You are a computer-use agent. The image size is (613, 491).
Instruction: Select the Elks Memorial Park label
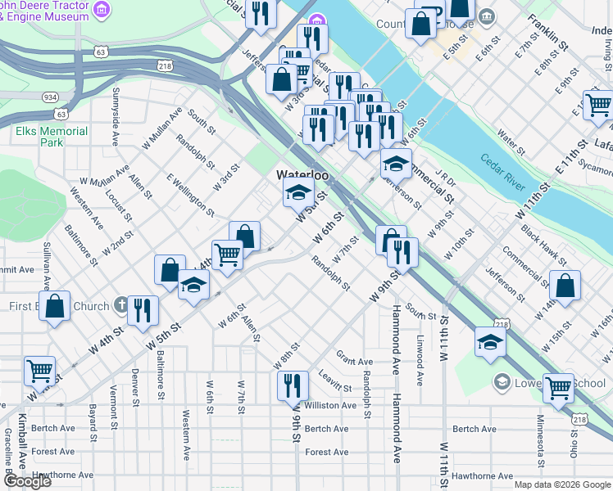[x=51, y=137]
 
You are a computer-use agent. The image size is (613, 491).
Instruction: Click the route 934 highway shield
[x=50, y=97]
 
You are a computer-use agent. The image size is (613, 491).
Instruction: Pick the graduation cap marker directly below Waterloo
[x=298, y=193]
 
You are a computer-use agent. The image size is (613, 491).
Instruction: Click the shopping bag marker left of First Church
[x=55, y=307]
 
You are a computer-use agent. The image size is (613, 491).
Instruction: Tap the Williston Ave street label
[x=330, y=405]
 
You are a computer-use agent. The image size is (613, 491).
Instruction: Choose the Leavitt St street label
[x=334, y=381]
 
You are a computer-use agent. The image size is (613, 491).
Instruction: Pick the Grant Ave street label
[x=354, y=361]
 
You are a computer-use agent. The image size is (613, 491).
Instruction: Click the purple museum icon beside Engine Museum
[x=102, y=10]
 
